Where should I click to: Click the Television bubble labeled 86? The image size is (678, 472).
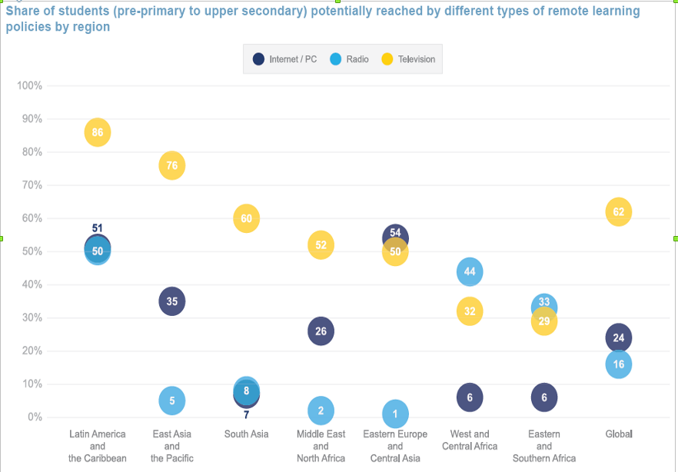click(97, 132)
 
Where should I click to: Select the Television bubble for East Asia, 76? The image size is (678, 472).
click(172, 165)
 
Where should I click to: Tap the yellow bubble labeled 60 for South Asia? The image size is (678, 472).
click(246, 218)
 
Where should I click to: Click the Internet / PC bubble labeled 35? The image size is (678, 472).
click(172, 301)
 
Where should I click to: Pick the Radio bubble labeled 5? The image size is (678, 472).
click(172, 401)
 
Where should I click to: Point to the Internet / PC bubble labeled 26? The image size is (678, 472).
click(321, 331)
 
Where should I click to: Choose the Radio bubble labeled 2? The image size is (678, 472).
click(321, 411)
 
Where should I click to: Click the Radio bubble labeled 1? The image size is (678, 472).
click(395, 414)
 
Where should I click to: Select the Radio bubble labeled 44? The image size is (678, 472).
click(470, 271)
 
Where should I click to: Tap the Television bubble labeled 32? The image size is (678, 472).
click(470, 311)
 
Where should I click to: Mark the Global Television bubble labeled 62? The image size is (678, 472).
click(619, 211)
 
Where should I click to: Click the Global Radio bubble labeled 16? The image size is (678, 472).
click(619, 364)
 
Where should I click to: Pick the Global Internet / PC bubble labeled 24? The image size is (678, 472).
click(619, 337)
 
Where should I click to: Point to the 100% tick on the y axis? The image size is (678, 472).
click(29, 85)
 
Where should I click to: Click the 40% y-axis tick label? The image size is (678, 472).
click(31, 284)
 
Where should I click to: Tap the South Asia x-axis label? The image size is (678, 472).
click(246, 434)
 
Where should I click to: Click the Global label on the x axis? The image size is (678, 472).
click(619, 434)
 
